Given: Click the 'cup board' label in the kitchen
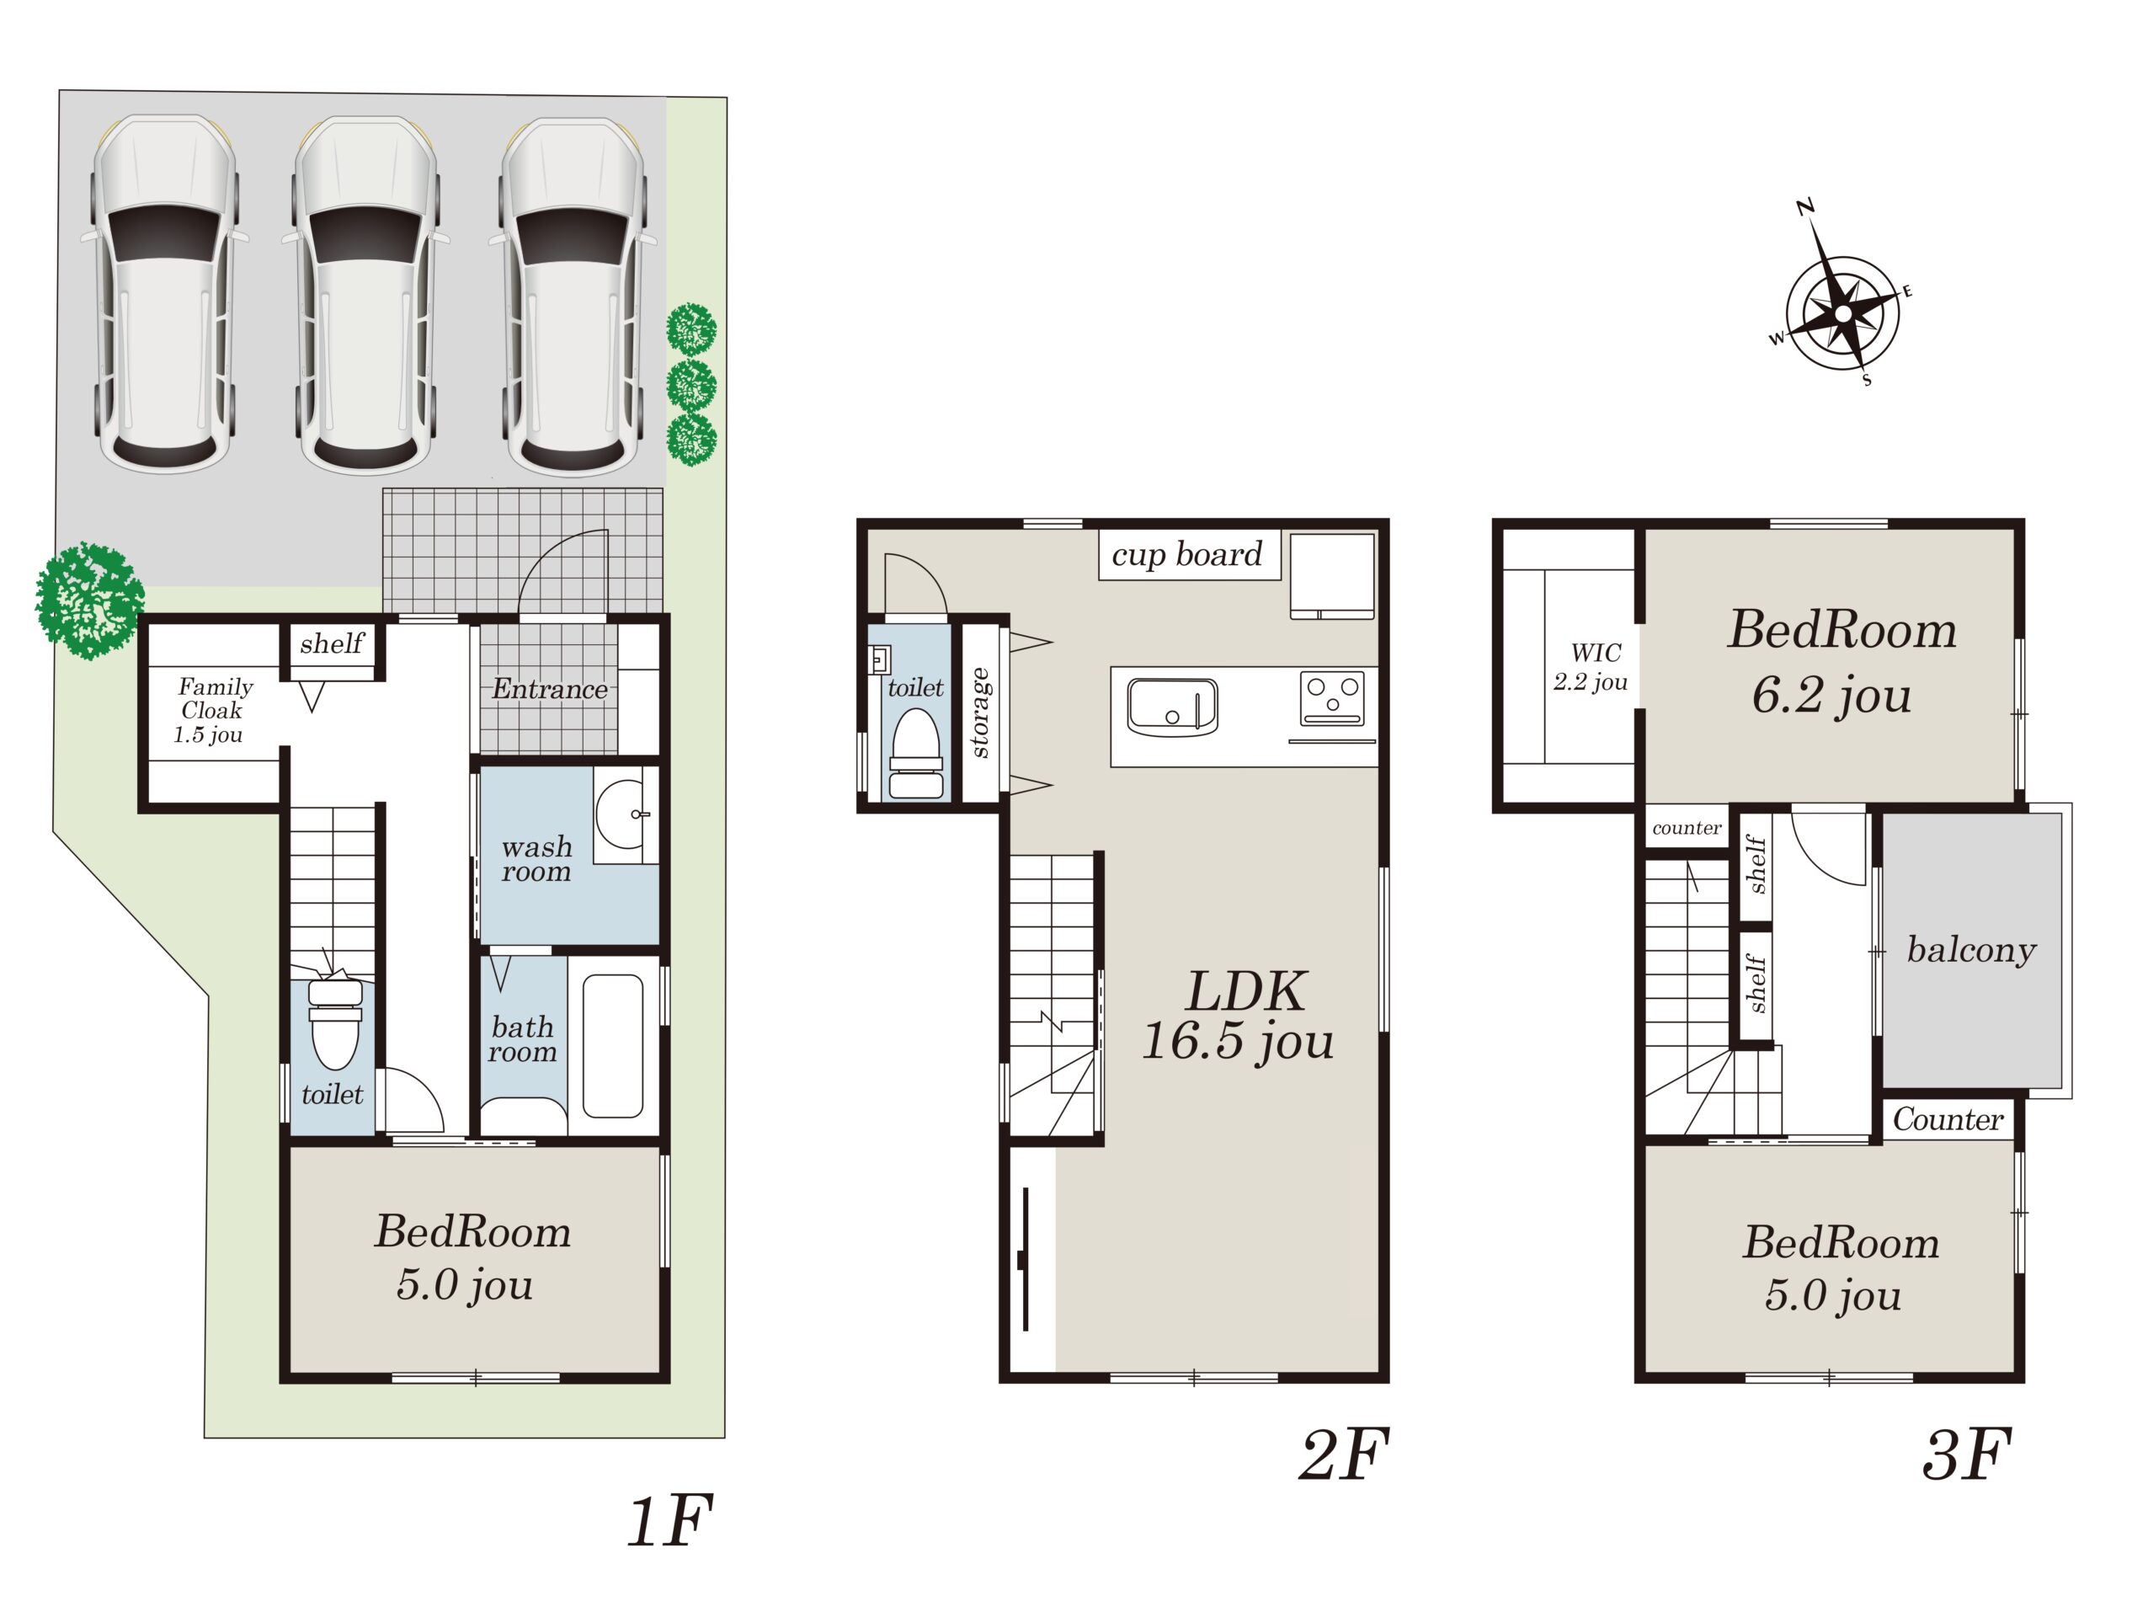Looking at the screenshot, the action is pyautogui.click(x=1186, y=554).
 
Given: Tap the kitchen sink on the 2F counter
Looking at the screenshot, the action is pyautogui.click(x=1172, y=706).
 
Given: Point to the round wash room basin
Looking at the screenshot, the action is pyautogui.click(x=622, y=814).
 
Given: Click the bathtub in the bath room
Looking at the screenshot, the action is pyautogui.click(x=613, y=1046).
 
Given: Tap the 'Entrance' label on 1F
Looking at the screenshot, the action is pyautogui.click(x=550, y=689).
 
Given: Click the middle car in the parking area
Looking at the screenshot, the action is pyautogui.click(x=365, y=296).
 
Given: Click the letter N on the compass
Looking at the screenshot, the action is pyautogui.click(x=1805, y=207).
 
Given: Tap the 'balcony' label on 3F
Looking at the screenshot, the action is pyautogui.click(x=1971, y=949).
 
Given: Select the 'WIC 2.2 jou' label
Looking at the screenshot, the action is pyautogui.click(x=1590, y=667).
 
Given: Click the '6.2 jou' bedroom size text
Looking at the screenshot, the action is pyautogui.click(x=1831, y=696).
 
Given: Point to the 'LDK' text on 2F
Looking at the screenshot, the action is pyautogui.click(x=1246, y=991).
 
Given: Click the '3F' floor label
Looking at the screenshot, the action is pyautogui.click(x=1967, y=1454).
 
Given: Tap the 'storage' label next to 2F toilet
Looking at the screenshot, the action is pyautogui.click(x=980, y=712).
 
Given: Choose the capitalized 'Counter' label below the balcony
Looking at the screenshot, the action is pyautogui.click(x=1948, y=1120).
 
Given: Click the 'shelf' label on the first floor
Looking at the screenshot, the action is pyautogui.click(x=331, y=643).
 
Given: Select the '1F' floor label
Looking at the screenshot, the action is pyautogui.click(x=670, y=1521).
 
